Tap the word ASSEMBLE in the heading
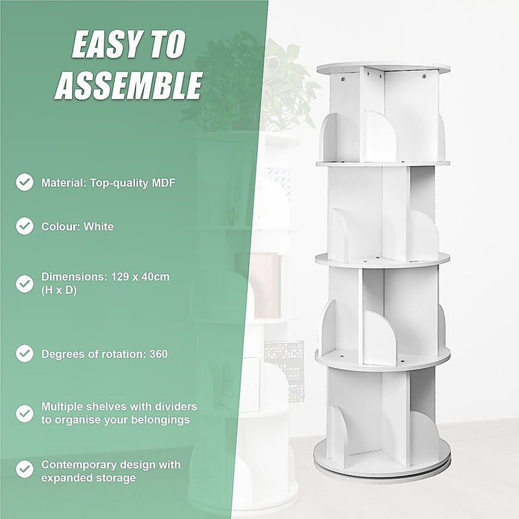coord(128,86)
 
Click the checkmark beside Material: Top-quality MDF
coord(25,182)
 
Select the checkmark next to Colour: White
coord(25,226)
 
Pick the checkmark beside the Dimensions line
coord(25,284)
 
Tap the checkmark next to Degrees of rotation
coord(25,354)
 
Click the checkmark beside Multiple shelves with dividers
coord(25,413)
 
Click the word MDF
coord(163,183)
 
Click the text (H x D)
coord(59,291)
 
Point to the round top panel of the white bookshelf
coord(383,67)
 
